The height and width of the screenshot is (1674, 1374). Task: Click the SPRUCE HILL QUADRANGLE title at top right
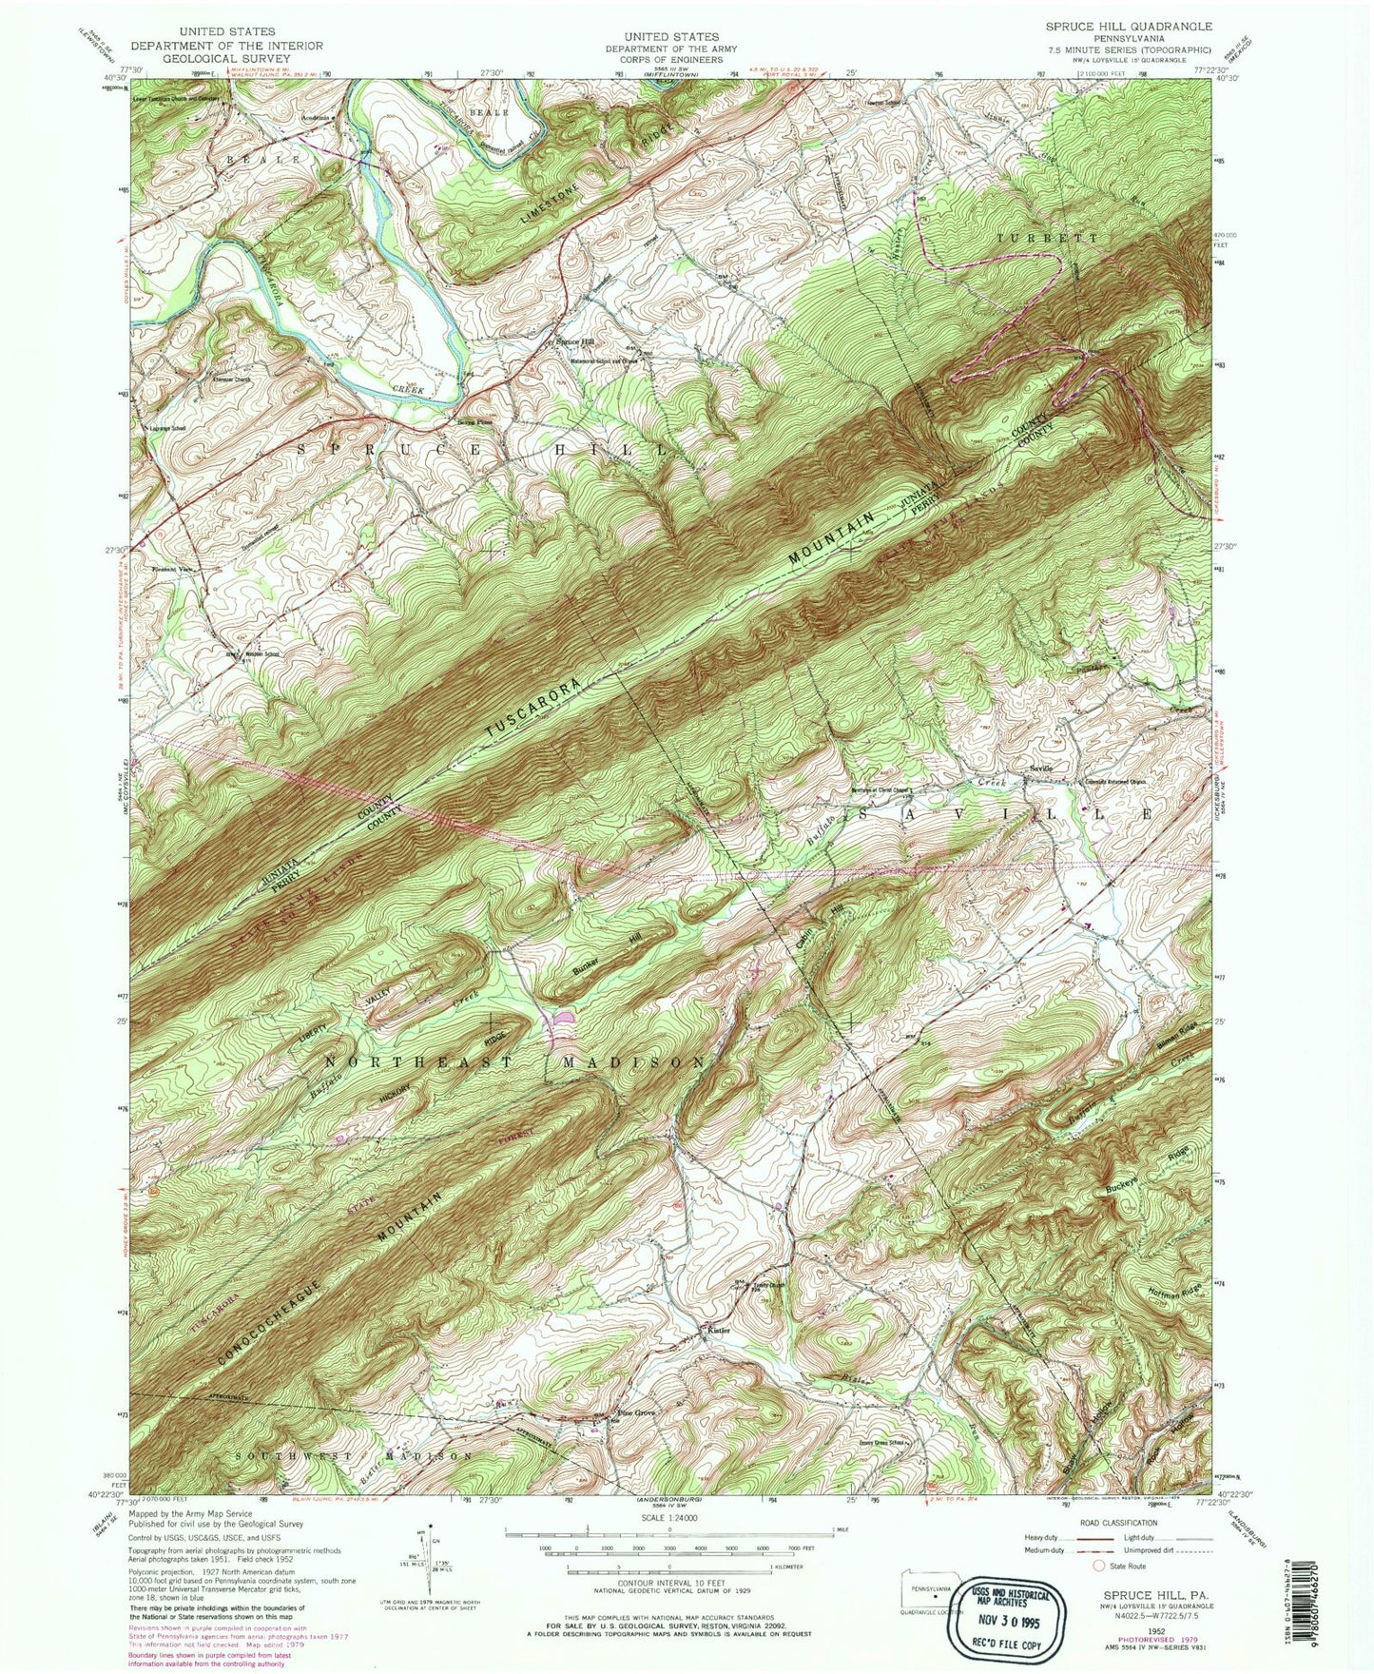[x=1128, y=26]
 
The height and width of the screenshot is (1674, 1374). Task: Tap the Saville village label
[x=1039, y=769]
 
